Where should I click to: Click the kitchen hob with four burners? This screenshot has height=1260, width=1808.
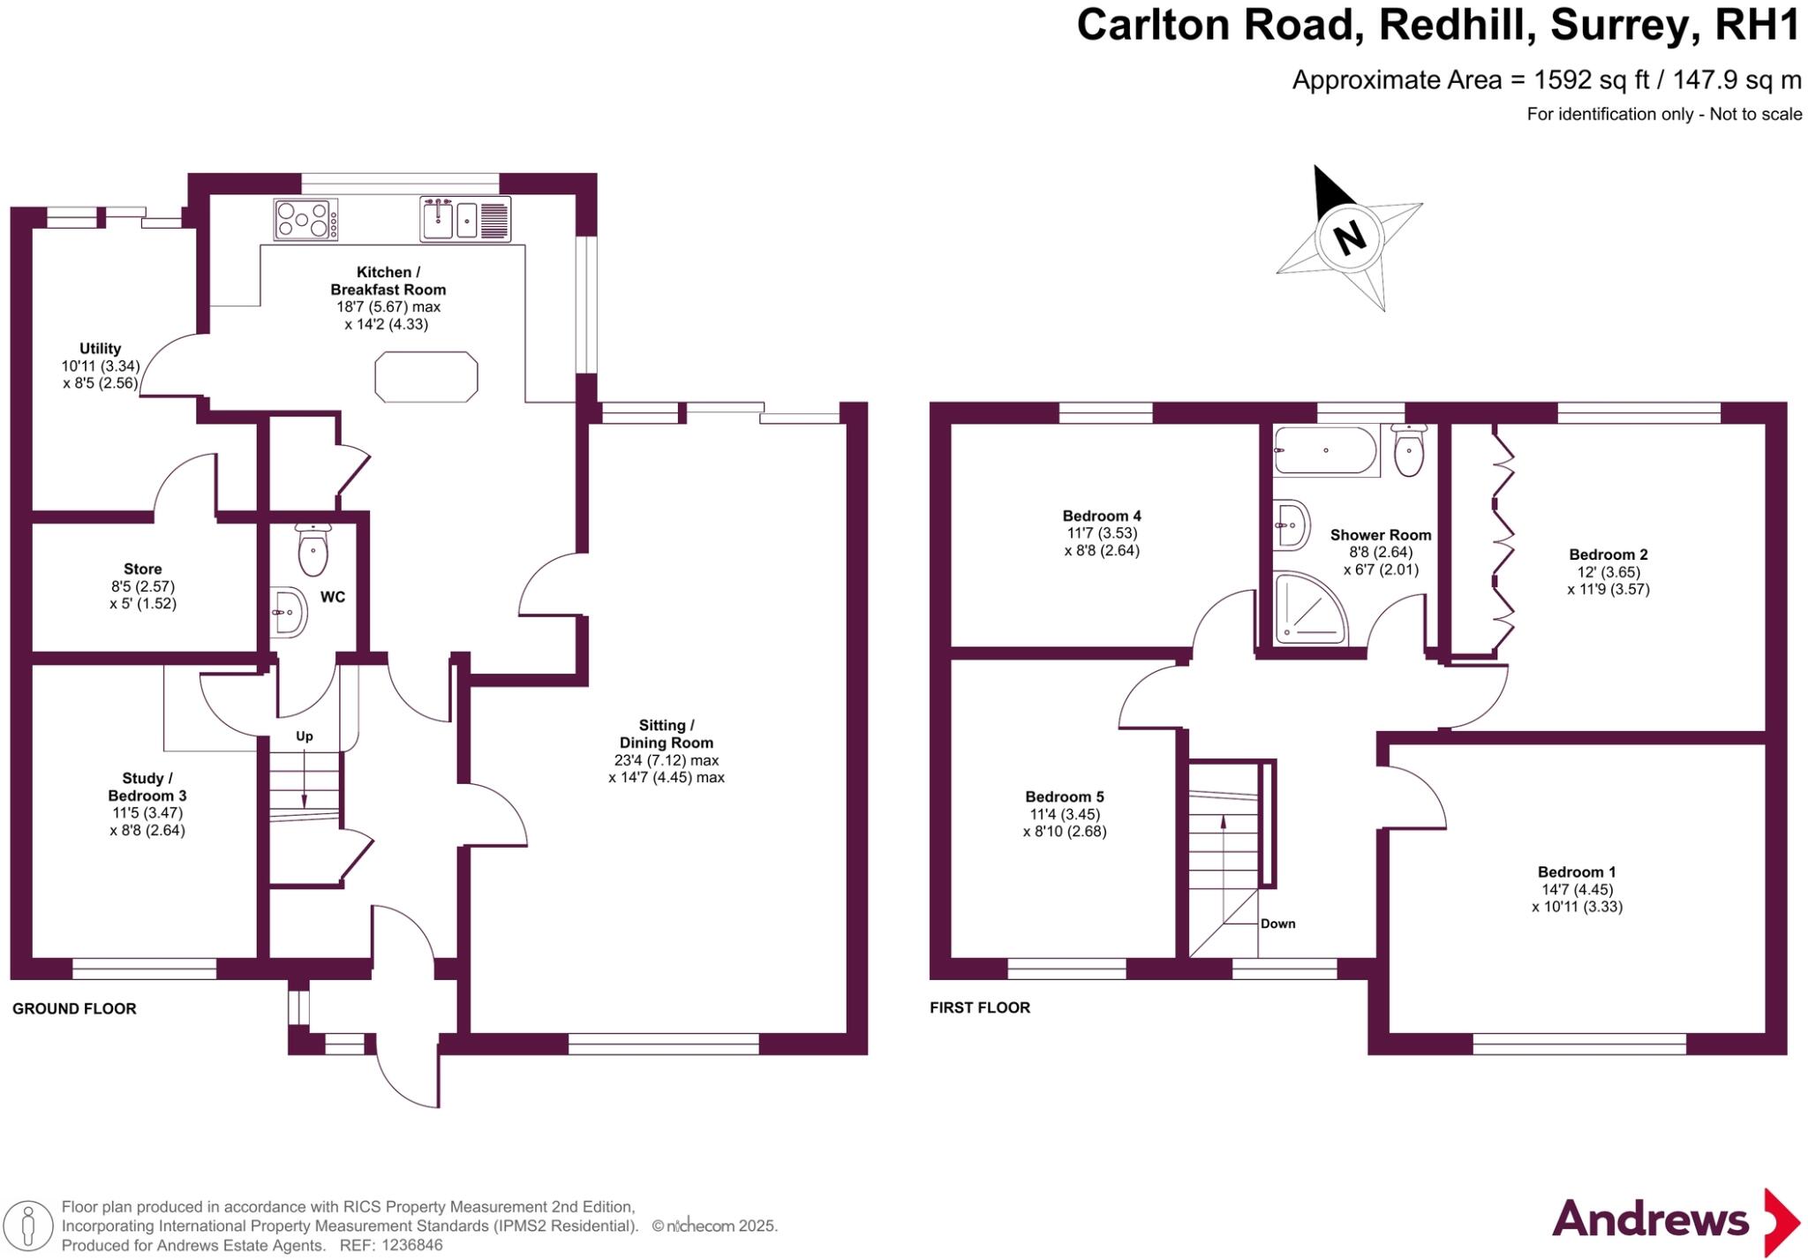(x=305, y=219)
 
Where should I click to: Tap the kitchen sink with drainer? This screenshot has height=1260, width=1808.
(x=465, y=218)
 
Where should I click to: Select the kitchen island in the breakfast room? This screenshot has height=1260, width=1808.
(x=426, y=377)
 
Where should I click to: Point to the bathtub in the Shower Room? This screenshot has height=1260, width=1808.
(x=1325, y=451)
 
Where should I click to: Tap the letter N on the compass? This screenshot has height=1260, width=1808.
(x=1349, y=238)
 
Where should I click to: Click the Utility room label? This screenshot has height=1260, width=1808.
(x=100, y=349)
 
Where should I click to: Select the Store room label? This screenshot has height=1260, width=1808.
(x=143, y=570)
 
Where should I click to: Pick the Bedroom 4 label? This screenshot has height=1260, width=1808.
(x=1102, y=516)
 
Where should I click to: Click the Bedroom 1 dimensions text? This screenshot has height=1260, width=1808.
(x=1577, y=898)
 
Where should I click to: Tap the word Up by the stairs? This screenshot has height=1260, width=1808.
(x=305, y=736)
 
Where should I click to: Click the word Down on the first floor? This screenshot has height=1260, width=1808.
(x=1277, y=924)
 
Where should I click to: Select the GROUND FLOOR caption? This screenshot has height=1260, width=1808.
(x=74, y=1008)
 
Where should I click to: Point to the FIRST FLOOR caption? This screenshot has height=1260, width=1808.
(x=980, y=1007)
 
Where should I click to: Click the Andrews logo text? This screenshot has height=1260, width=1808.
(x=1650, y=1220)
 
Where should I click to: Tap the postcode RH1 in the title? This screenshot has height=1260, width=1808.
(x=1756, y=26)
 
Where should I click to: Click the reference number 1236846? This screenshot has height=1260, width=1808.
(x=411, y=1246)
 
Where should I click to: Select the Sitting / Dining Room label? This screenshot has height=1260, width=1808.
(x=666, y=734)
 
